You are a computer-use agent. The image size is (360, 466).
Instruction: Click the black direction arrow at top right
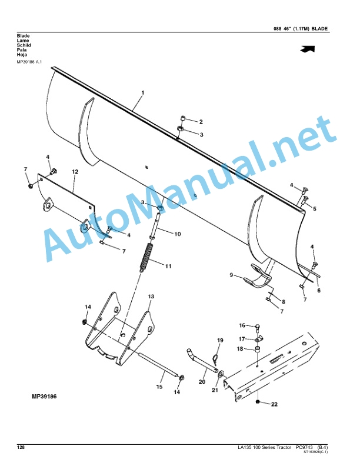[x=308, y=49]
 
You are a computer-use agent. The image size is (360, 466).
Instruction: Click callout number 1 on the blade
[x=142, y=93]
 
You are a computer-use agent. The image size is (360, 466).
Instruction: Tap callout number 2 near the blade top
[x=201, y=122]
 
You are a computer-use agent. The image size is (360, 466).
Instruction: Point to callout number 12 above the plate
[x=75, y=171]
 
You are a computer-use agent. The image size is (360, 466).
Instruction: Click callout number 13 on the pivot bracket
[x=151, y=297]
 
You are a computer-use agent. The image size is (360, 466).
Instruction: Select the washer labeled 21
[x=221, y=374]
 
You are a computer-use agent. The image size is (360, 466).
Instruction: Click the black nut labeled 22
[x=258, y=402]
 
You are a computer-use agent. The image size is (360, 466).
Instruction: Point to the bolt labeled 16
[x=257, y=329]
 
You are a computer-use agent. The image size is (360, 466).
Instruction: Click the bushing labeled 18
[x=257, y=349]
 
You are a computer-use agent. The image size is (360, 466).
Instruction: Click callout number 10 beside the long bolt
[x=177, y=234]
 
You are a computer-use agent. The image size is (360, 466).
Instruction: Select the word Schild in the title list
[x=24, y=45]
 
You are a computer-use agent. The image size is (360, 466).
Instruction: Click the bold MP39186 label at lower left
[x=44, y=397]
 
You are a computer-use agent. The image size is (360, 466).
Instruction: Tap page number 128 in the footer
[x=21, y=447]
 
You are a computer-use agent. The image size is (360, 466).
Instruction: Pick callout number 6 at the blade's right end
[x=319, y=290]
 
